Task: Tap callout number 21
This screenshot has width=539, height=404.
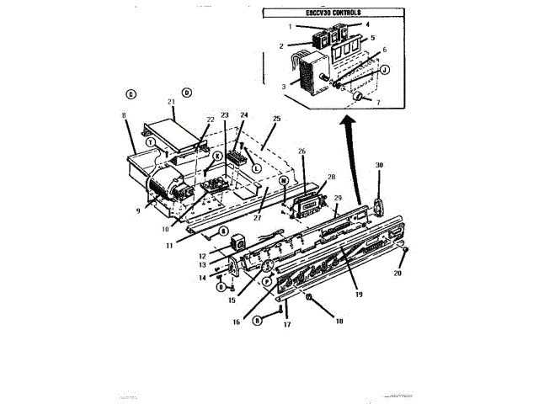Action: [x=171, y=102]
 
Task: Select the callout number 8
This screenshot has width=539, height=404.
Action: [x=124, y=114]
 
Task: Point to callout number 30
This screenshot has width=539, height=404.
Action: [x=379, y=165]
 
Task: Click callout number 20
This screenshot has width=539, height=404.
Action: [x=399, y=274]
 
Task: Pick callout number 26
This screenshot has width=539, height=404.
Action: [x=302, y=151]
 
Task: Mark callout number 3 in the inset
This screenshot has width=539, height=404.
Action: [x=284, y=84]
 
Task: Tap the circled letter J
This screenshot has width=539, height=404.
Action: [x=384, y=70]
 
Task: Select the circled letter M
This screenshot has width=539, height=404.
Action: [x=284, y=180]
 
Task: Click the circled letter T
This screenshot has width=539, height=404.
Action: [x=149, y=143]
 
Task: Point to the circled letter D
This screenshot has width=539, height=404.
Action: [x=187, y=92]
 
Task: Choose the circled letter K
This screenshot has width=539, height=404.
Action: [x=216, y=156]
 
